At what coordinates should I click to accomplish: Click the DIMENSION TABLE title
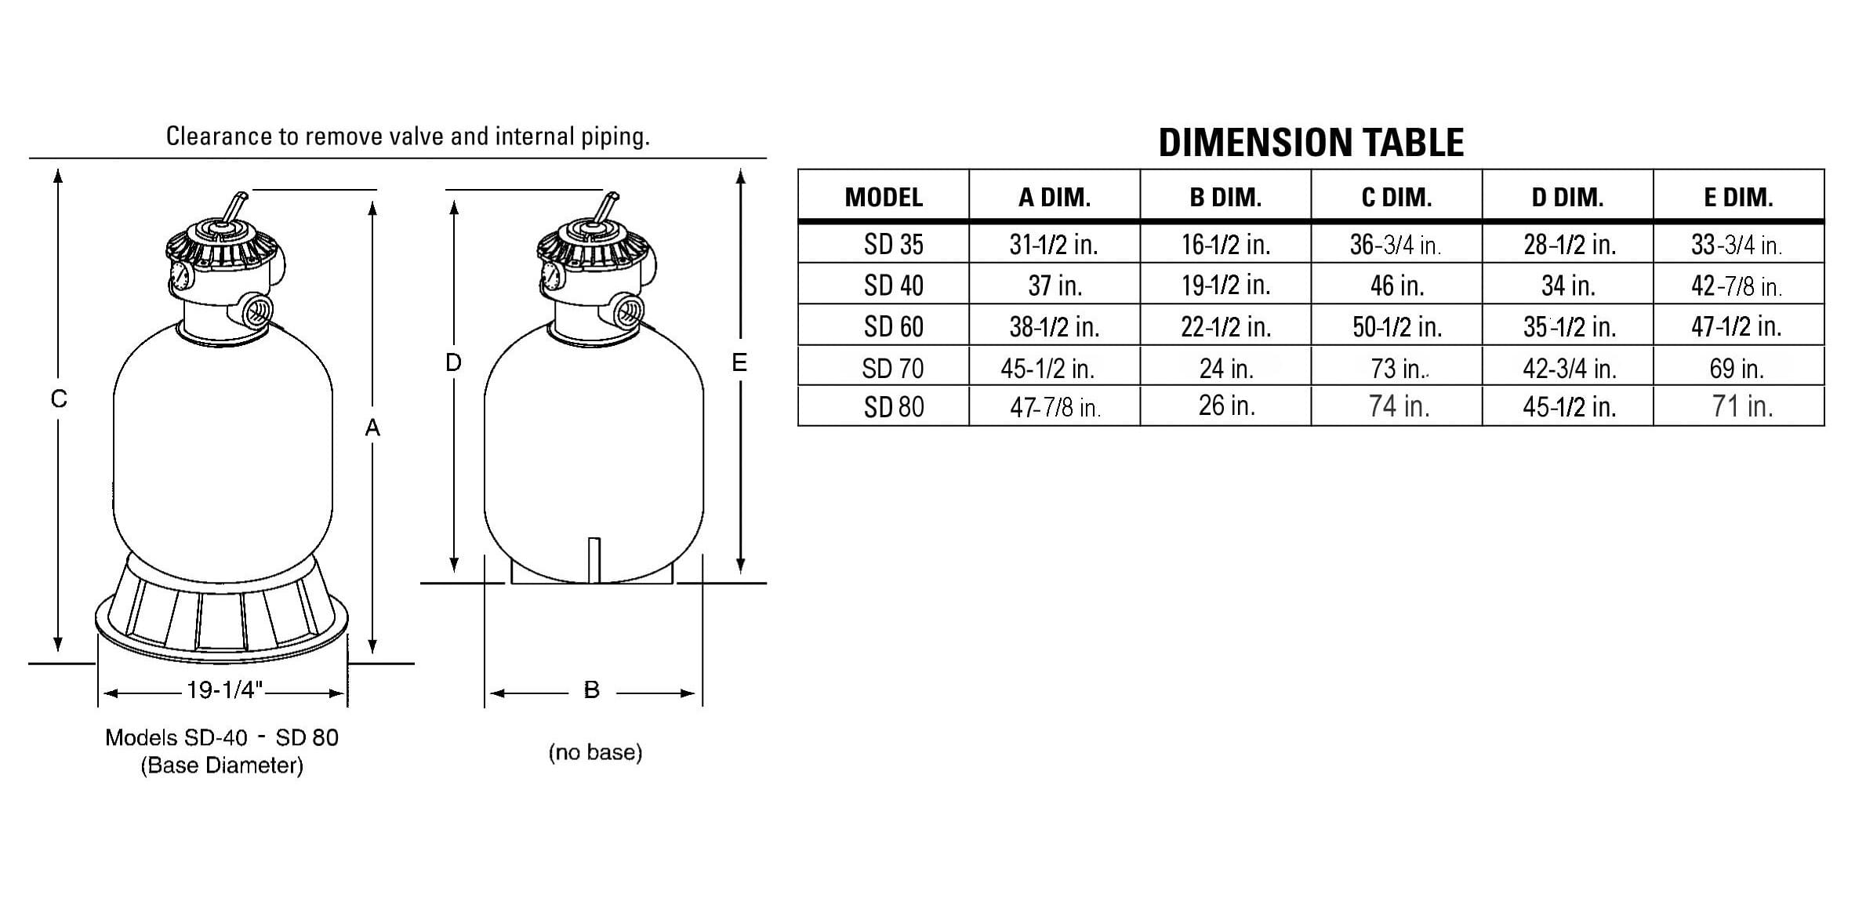coord(1311,143)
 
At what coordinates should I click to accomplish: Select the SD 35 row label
coord(893,245)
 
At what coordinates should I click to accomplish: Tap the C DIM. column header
coord(1396,198)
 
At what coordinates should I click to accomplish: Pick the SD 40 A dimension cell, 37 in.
coord(1055,286)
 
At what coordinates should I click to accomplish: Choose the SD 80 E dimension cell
coord(1741,406)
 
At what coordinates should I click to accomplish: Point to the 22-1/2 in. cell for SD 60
coord(1225,326)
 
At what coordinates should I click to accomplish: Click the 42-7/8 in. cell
coord(1737,286)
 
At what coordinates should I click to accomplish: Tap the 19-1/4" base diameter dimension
coord(223,690)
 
